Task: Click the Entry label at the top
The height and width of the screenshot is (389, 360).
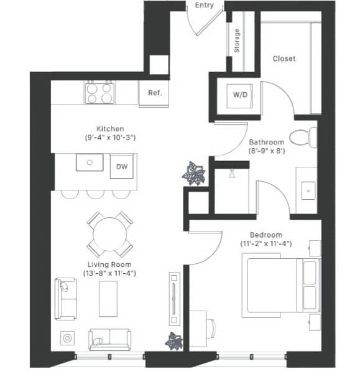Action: tap(205, 6)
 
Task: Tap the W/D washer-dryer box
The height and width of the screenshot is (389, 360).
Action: tap(239, 95)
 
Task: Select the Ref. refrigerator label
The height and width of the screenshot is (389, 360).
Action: tap(155, 93)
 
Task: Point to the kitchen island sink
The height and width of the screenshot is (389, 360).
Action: tap(90, 163)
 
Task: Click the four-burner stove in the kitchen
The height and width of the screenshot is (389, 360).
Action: tap(99, 93)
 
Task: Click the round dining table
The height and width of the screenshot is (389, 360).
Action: tap(109, 234)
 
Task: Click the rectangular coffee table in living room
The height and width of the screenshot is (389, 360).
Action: tap(109, 299)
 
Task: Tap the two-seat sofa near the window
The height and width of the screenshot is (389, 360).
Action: tap(109, 339)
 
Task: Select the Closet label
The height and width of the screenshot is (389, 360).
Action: tap(284, 59)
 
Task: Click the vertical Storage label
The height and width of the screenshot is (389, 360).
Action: tap(237, 40)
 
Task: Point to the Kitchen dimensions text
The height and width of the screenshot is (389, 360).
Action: tap(111, 137)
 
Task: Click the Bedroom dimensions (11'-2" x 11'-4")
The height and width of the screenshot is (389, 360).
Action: tap(266, 243)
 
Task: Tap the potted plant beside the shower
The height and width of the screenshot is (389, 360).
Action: tap(194, 173)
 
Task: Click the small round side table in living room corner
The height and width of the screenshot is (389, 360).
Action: tap(67, 339)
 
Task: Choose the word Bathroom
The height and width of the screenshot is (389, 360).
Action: tap(266, 143)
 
